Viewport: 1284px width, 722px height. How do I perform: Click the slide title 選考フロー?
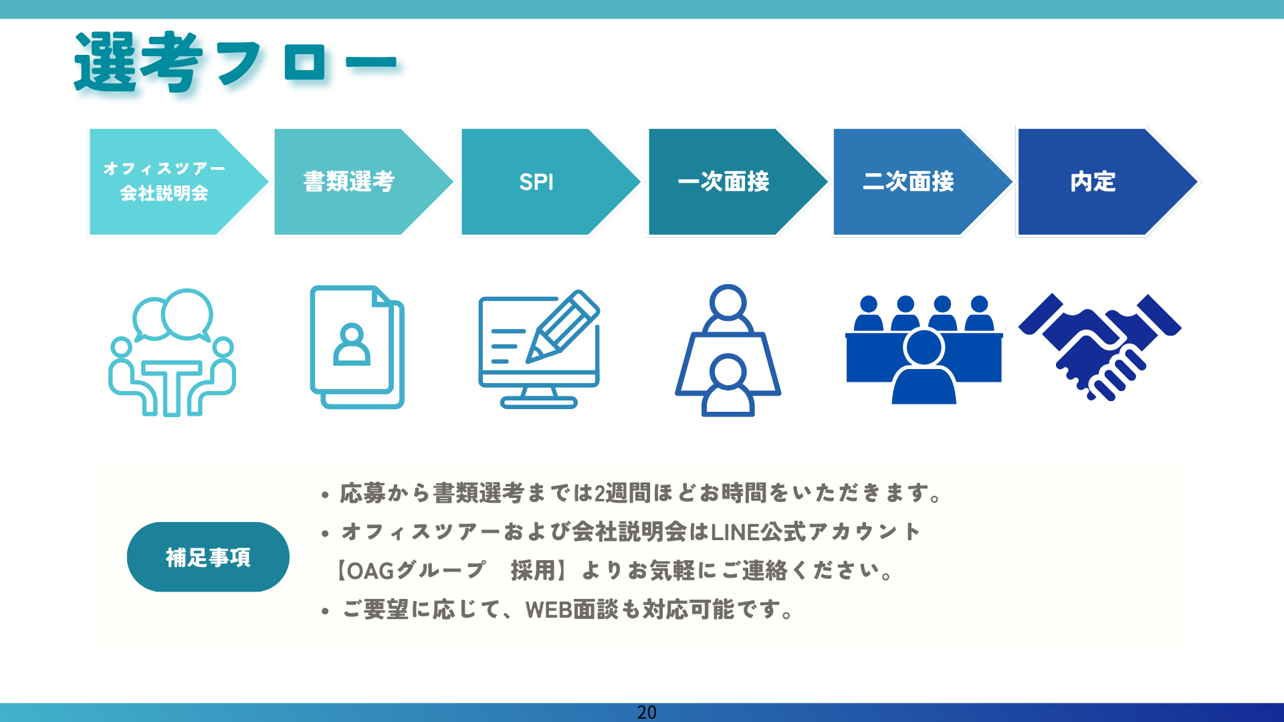[x=235, y=62]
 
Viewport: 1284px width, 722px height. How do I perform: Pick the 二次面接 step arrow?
[x=922, y=182]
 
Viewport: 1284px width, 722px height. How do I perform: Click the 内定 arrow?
[x=1107, y=182]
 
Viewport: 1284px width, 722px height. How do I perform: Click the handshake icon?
[x=1100, y=347]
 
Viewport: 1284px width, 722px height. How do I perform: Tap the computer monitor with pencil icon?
[x=539, y=349]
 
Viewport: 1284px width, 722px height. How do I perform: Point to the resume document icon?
[x=357, y=347]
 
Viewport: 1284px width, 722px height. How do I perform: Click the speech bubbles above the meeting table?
[x=173, y=315]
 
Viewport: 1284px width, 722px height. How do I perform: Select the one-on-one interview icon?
[x=728, y=350]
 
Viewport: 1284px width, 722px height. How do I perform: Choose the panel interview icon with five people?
[x=924, y=350]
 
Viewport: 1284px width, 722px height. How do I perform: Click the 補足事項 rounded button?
[x=208, y=557]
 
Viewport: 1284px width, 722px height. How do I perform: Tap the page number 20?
[x=647, y=713]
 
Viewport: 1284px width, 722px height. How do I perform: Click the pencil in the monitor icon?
[x=563, y=326]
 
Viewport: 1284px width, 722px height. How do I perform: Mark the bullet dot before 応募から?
[x=325, y=495]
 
